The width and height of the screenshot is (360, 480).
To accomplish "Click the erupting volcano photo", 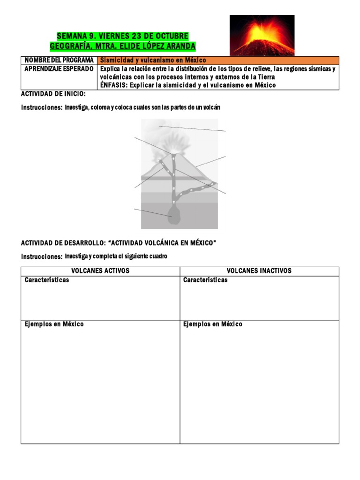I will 262,35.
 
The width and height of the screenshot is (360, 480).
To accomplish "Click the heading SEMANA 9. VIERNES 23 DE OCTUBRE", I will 122,36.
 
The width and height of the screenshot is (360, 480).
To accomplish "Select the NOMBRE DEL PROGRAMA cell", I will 59,60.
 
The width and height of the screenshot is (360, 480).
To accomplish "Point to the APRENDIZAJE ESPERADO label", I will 59,69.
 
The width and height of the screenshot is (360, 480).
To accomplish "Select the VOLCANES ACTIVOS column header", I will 100,271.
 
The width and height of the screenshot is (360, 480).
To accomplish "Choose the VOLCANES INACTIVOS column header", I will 259,271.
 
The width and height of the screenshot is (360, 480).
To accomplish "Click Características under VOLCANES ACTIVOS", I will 47,280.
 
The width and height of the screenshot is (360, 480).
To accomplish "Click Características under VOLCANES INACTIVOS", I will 205,280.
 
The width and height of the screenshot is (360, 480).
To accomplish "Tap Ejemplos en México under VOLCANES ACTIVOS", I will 54,324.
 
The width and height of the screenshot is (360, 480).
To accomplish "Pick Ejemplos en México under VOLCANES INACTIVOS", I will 213,324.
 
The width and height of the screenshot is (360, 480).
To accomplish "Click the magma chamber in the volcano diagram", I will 174,217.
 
